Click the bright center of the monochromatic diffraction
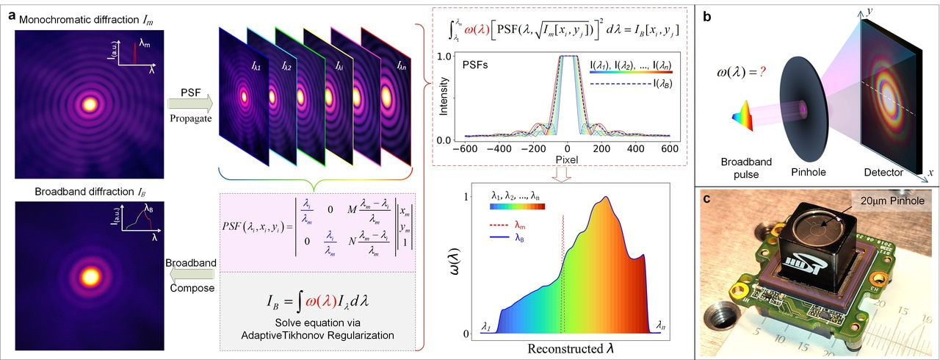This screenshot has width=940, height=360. click(x=90, y=104)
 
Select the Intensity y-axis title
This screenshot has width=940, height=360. click(x=444, y=97)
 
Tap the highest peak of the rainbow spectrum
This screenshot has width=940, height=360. click(x=605, y=198)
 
